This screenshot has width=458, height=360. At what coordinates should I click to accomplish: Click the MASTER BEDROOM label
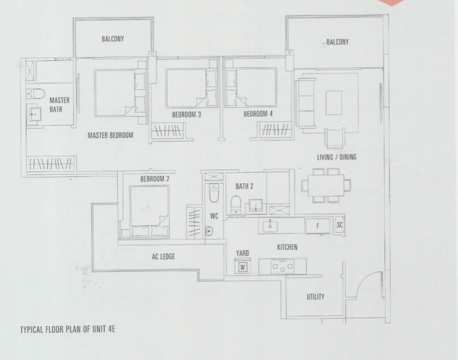pyautogui.click(x=110, y=135)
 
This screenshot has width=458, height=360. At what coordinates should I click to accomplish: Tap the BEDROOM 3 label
pyautogui.click(x=186, y=115)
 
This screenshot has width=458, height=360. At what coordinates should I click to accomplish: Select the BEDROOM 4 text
pyautogui.click(x=258, y=114)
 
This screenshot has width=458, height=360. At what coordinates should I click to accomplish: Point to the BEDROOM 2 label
pyautogui.click(x=154, y=179)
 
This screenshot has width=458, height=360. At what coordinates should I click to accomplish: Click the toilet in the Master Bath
pyautogui.click(x=36, y=94)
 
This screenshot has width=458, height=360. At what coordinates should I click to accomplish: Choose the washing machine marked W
pyautogui.click(x=242, y=267)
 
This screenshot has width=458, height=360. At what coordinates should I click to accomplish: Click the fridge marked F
pyautogui.click(x=318, y=226)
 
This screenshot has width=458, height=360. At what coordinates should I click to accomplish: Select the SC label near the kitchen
pyautogui.click(x=339, y=225)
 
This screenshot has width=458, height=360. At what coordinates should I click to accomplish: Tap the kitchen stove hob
pyautogui.click(x=282, y=266)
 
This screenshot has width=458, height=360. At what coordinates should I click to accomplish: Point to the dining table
pyautogui.click(x=326, y=185)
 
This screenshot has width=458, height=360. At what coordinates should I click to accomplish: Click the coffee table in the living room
pyautogui.click(x=334, y=103)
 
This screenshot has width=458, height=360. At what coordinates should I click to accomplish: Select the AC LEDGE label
pyautogui.click(x=164, y=256)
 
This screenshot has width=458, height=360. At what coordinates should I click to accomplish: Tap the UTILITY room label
pyautogui.click(x=316, y=297)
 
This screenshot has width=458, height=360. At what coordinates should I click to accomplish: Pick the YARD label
pyautogui.click(x=242, y=253)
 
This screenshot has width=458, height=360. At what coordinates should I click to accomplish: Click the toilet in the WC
pyautogui.click(x=214, y=193)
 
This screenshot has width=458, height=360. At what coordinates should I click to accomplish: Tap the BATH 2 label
pyautogui.click(x=244, y=186)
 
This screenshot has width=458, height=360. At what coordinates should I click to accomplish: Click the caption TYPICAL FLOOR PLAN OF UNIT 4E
pyautogui.click(x=67, y=329)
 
